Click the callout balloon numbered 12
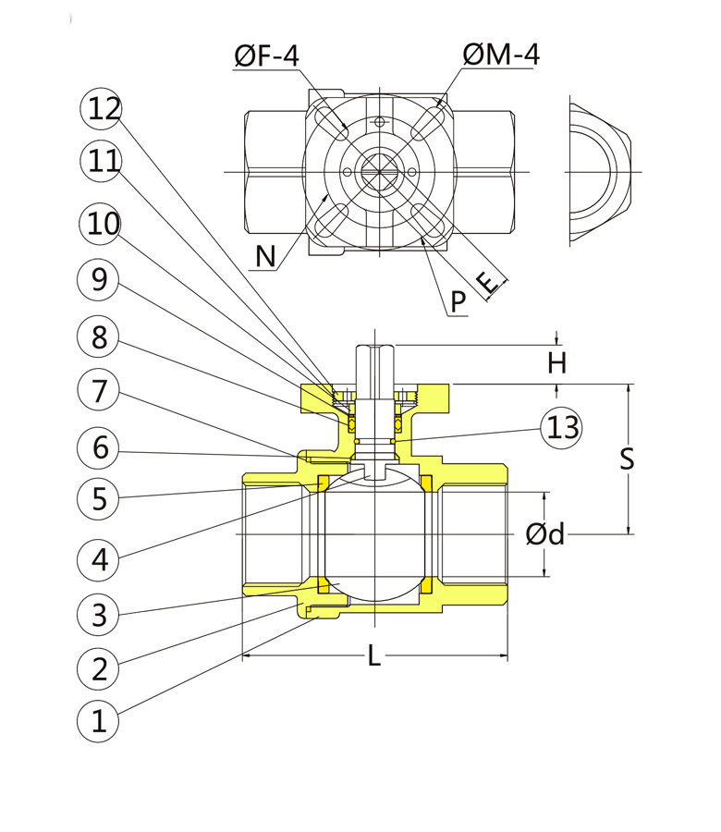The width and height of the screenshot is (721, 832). point(104,109)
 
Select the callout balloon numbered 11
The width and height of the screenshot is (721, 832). point(104,162)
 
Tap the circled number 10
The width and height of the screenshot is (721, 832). point(104,224)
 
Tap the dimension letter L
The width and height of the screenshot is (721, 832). point(373,656)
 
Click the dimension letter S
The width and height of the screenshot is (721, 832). point(627,459)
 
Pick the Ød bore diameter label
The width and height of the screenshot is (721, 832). point(544,534)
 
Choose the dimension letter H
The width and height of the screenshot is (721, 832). point(556,363)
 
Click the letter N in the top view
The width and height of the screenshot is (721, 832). point(265,255)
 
